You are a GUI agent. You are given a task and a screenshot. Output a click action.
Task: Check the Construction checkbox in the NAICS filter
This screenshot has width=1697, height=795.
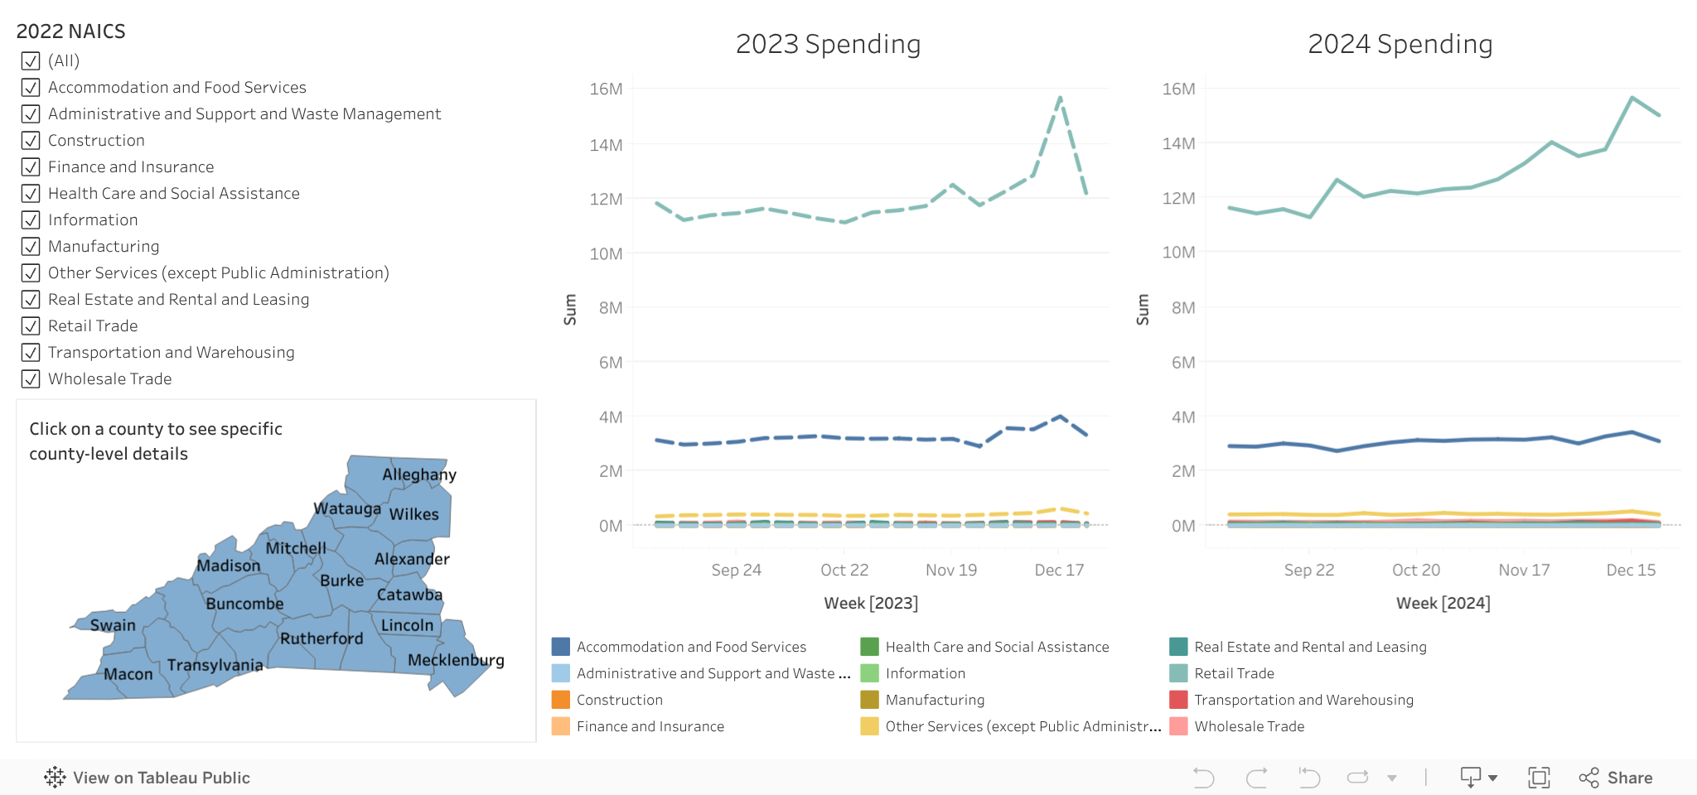(31, 141)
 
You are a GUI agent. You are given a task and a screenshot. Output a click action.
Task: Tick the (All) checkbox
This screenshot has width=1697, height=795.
(31, 61)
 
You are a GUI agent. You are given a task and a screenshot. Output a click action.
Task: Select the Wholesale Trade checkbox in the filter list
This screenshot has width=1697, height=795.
(31, 379)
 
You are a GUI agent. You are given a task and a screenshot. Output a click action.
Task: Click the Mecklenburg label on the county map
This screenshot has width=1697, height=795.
(456, 660)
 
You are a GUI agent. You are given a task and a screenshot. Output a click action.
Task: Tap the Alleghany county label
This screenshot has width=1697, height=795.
(418, 475)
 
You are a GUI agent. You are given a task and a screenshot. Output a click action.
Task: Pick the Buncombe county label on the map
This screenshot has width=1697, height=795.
(244, 604)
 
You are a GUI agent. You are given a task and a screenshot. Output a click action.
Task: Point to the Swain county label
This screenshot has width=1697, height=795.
(113, 625)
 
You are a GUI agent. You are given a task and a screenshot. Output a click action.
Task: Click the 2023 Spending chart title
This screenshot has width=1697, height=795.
(828, 44)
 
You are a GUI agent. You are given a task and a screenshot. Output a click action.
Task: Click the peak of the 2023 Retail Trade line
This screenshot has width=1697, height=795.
(1060, 98)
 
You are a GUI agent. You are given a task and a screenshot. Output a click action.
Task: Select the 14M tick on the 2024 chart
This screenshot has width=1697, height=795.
(1178, 143)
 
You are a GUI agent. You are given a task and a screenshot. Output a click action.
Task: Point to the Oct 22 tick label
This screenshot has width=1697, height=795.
(844, 570)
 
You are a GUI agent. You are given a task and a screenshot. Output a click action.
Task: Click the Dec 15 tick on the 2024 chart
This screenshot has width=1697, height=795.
(1630, 570)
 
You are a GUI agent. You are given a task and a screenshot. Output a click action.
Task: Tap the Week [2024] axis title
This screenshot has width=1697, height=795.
(1443, 603)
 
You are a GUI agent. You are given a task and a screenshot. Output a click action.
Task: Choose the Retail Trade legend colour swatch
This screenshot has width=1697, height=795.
(1178, 673)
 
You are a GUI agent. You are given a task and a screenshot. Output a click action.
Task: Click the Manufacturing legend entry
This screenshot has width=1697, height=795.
(935, 700)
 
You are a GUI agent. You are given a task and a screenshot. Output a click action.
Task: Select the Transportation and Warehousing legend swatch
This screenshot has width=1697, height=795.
(1178, 700)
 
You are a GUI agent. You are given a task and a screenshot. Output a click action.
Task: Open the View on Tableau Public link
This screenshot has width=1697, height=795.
(147, 778)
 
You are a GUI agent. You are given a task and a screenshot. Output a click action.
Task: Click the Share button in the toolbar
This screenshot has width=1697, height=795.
(1616, 778)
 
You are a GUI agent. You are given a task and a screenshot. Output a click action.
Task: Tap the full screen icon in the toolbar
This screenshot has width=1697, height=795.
(1539, 778)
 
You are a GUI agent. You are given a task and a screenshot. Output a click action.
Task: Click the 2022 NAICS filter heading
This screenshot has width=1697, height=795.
(71, 31)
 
